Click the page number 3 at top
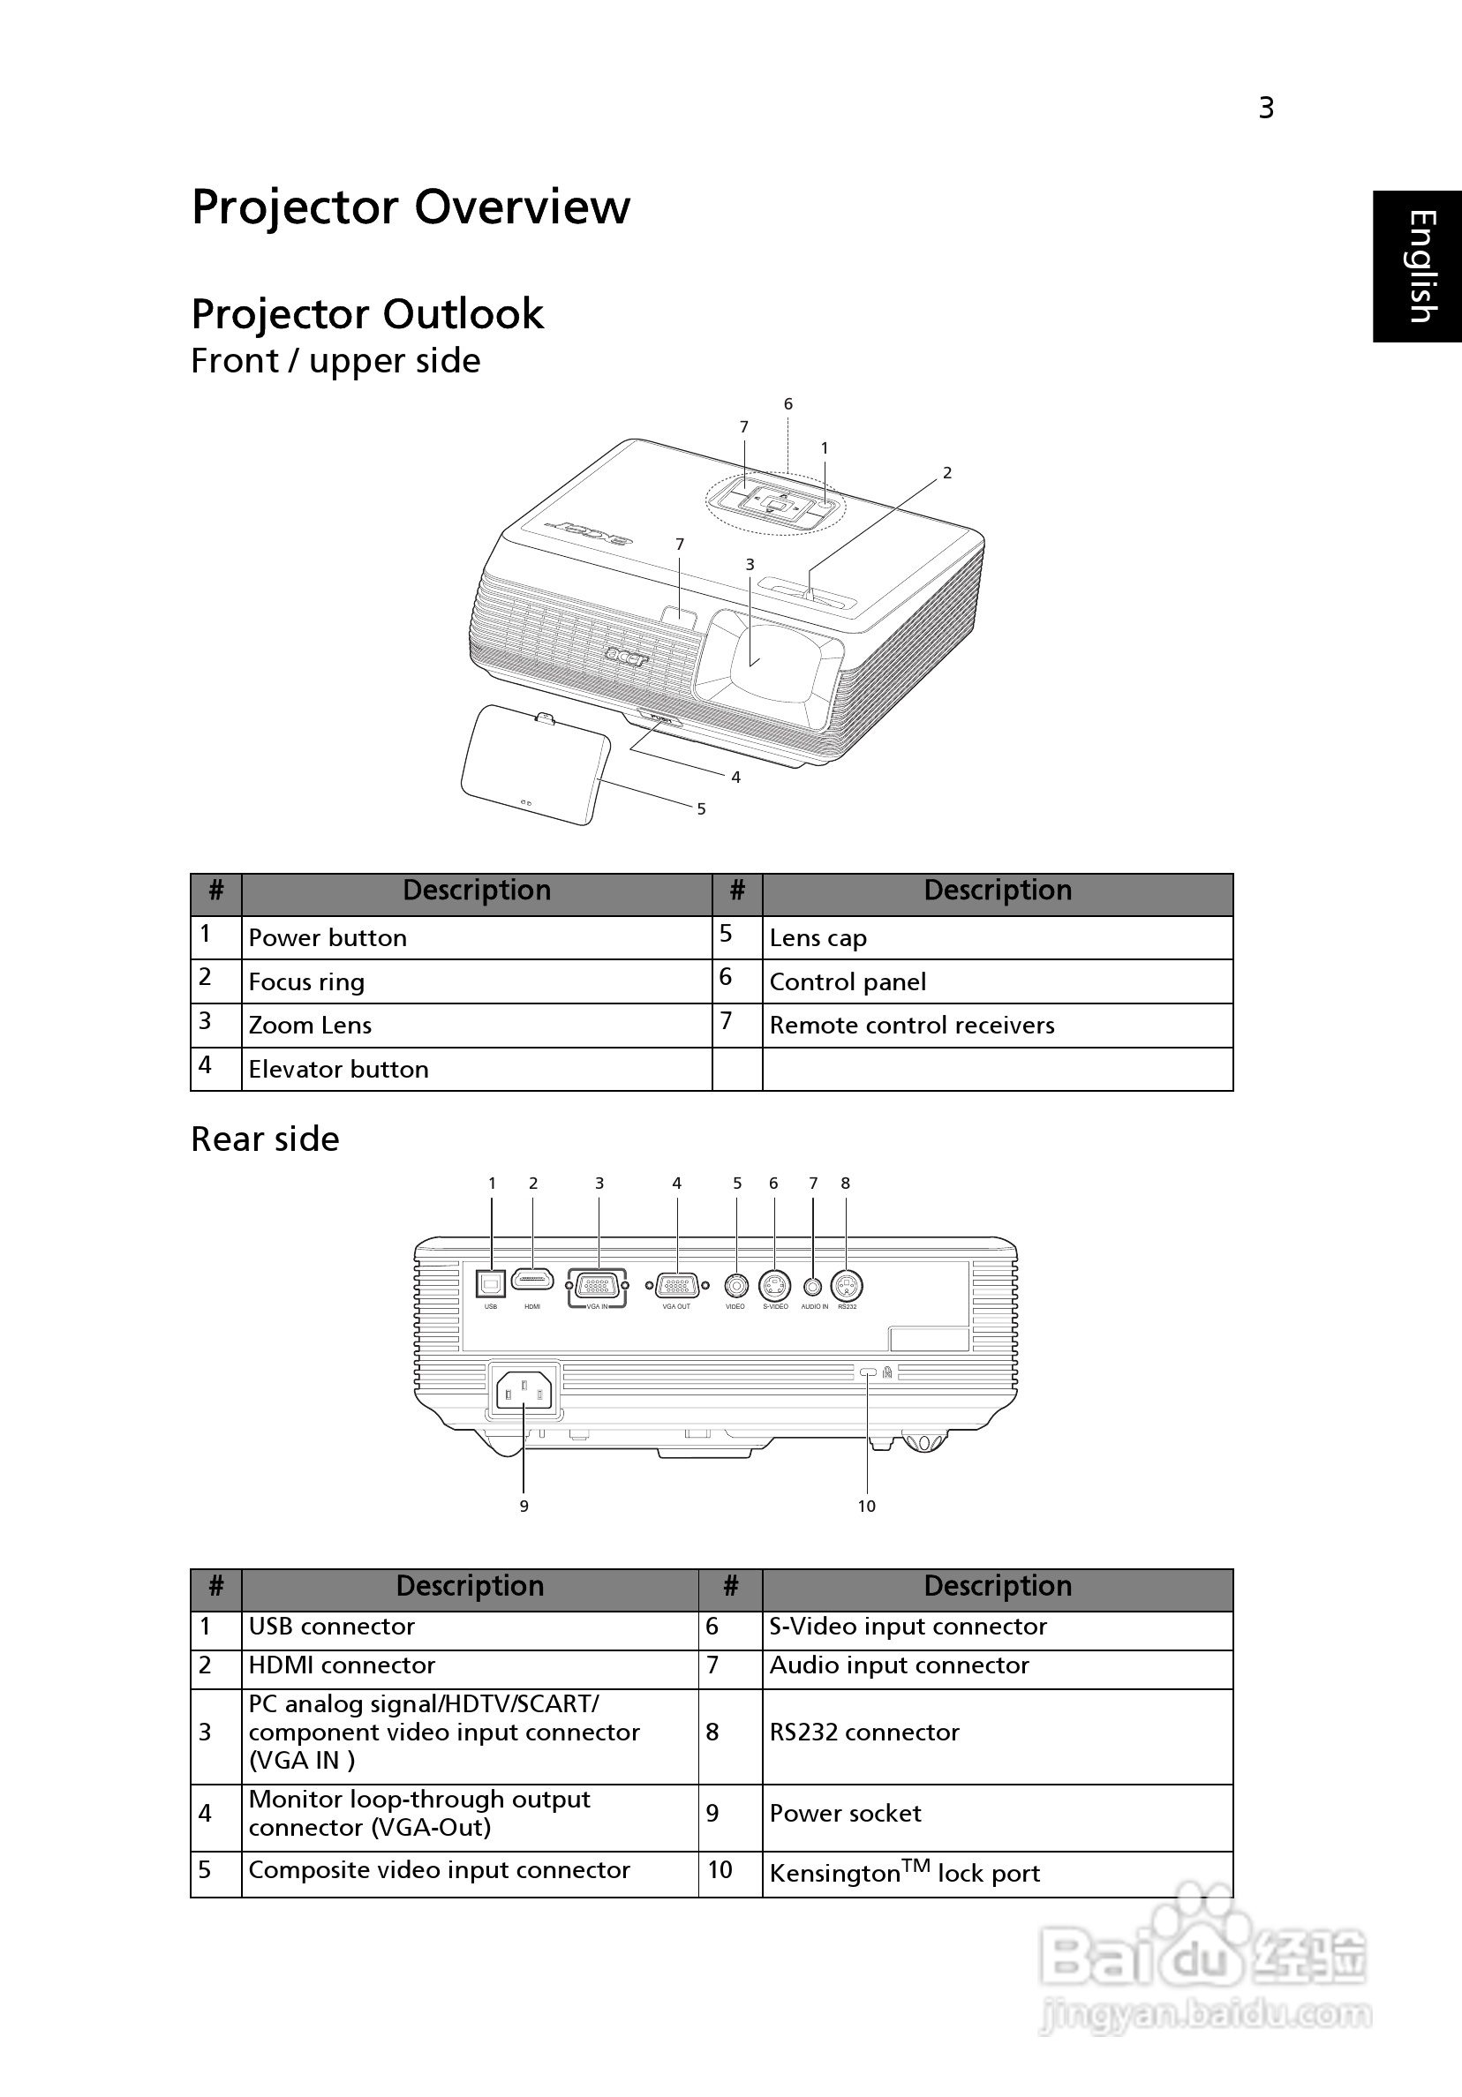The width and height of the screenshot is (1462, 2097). click(1265, 109)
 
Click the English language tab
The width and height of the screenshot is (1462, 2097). click(1419, 266)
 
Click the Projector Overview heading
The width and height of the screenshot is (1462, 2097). click(411, 207)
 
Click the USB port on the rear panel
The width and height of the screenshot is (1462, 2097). click(491, 1284)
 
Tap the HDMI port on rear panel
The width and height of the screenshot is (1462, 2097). click(532, 1280)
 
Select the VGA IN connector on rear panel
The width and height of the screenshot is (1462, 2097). click(598, 1286)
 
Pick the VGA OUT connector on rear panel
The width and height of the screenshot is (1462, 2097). click(677, 1286)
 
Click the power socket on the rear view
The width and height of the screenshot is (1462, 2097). click(524, 1393)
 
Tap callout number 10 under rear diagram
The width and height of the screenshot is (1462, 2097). click(866, 1506)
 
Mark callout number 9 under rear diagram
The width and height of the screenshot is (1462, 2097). click(524, 1506)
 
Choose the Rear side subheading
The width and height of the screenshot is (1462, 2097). click(265, 1139)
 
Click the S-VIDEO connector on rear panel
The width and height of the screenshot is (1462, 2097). click(775, 1286)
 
